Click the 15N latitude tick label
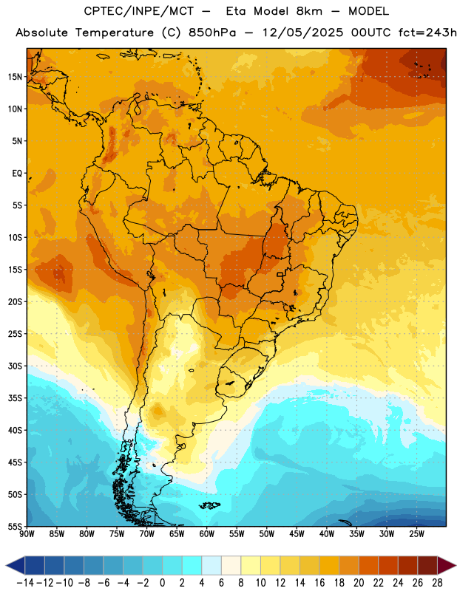click(15, 77)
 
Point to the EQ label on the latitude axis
click(17, 174)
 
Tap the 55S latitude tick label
click(15, 527)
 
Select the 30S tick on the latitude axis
click(15, 366)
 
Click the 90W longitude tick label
click(27, 533)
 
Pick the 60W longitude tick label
click(207, 533)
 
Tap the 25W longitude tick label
click(417, 533)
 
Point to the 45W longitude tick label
click(297, 533)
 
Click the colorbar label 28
click(437, 583)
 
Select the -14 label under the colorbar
click(25, 583)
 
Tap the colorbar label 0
click(163, 583)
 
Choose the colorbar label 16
click(319, 583)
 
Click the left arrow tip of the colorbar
click(6, 565)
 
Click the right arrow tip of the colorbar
click(456, 565)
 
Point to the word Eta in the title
click(236, 11)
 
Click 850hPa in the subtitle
click(212, 33)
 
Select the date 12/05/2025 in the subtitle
click(303, 33)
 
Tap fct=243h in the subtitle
click(427, 33)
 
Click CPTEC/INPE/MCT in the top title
click(138, 11)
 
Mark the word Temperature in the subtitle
click(115, 33)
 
